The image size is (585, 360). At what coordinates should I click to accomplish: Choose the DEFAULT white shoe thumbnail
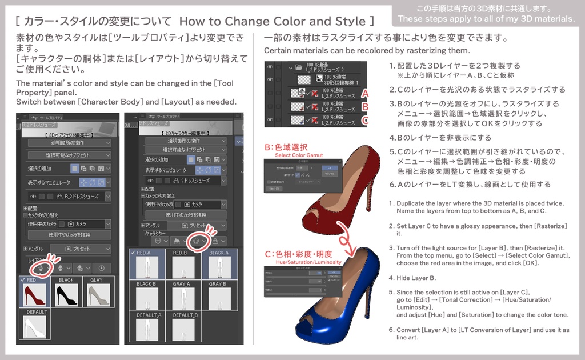(x=34, y=329)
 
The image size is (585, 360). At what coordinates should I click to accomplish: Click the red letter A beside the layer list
(x=365, y=92)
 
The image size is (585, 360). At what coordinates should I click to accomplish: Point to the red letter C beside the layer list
(x=365, y=120)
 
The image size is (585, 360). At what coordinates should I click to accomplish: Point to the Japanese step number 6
(x=392, y=184)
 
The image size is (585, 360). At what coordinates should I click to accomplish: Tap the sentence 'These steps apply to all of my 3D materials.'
(x=487, y=19)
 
